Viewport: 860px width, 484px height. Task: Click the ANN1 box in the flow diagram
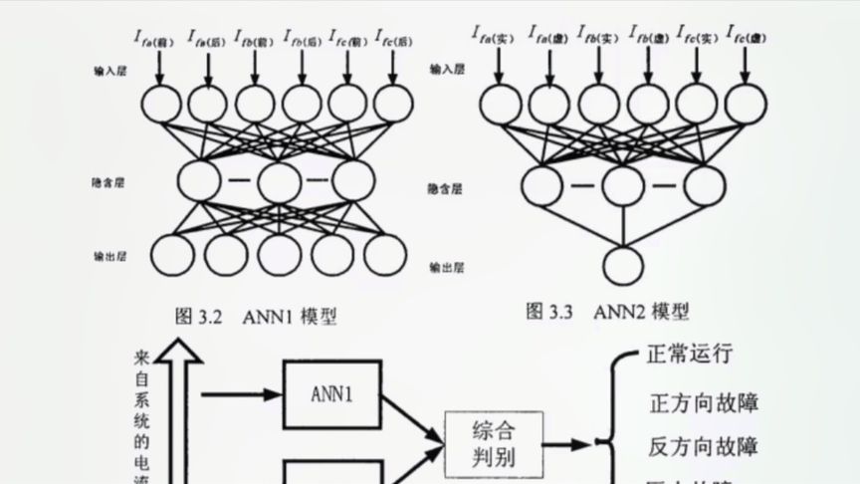point(332,393)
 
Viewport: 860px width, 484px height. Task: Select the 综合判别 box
point(495,444)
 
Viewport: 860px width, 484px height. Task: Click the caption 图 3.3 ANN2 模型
point(607,312)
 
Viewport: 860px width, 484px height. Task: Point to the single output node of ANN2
point(623,267)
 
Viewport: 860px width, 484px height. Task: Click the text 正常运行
point(690,354)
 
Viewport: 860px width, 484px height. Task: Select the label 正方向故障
point(704,402)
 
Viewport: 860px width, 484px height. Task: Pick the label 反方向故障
point(704,445)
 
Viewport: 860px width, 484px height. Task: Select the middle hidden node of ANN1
point(278,180)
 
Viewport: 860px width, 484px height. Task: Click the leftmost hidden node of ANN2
point(541,185)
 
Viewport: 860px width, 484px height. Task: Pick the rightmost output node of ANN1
point(384,254)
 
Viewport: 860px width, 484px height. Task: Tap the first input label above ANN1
point(155,40)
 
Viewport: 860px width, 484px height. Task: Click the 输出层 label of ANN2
point(449,268)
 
